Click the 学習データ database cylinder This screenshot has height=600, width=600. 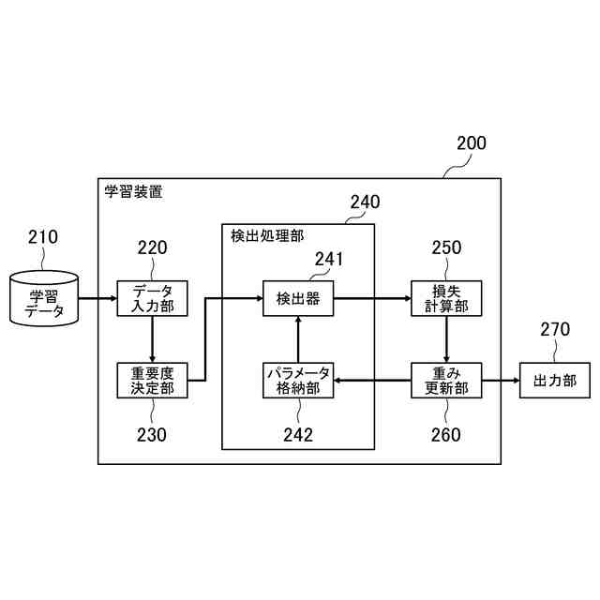pyautogui.click(x=44, y=299)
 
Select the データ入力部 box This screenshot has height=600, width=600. pyautogui.click(x=152, y=299)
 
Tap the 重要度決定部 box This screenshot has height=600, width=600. pyautogui.click(x=152, y=380)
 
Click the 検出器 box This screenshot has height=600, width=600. pyautogui.click(x=298, y=299)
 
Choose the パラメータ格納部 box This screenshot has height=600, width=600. pyautogui.click(x=298, y=380)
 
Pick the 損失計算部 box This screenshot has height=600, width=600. pyautogui.click(x=445, y=299)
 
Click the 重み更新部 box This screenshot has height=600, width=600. pyautogui.click(x=445, y=380)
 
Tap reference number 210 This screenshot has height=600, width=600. pyautogui.click(x=43, y=236)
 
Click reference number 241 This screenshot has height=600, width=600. pyautogui.click(x=329, y=259)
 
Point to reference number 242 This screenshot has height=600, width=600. pyautogui.click(x=298, y=434)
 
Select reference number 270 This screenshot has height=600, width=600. pyautogui.click(x=555, y=329)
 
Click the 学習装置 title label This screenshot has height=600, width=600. pyautogui.click(x=133, y=191)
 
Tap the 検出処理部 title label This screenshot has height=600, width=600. pyautogui.click(x=267, y=236)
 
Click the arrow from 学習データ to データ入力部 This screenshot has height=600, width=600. pyautogui.click(x=97, y=299)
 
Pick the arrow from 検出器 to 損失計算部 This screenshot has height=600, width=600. pyautogui.click(x=372, y=299)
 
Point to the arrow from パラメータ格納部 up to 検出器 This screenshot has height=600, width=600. pyautogui.click(x=298, y=339)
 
